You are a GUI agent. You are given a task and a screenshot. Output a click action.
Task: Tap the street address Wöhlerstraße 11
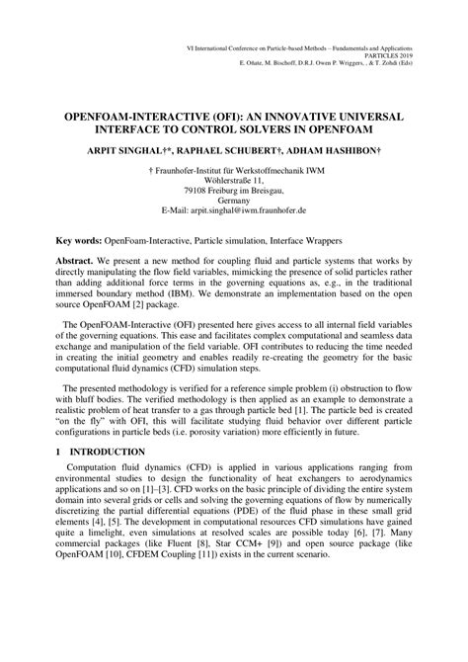tap(234, 181)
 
